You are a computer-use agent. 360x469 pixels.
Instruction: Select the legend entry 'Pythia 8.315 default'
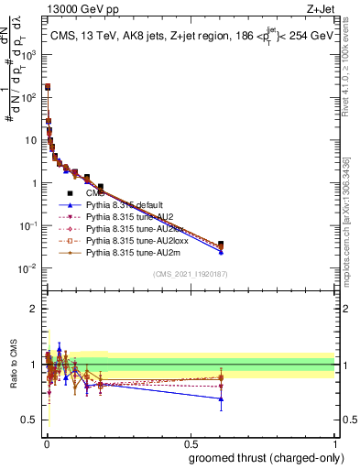pos(125,206)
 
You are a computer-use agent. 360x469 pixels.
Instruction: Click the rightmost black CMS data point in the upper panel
pos(221,245)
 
